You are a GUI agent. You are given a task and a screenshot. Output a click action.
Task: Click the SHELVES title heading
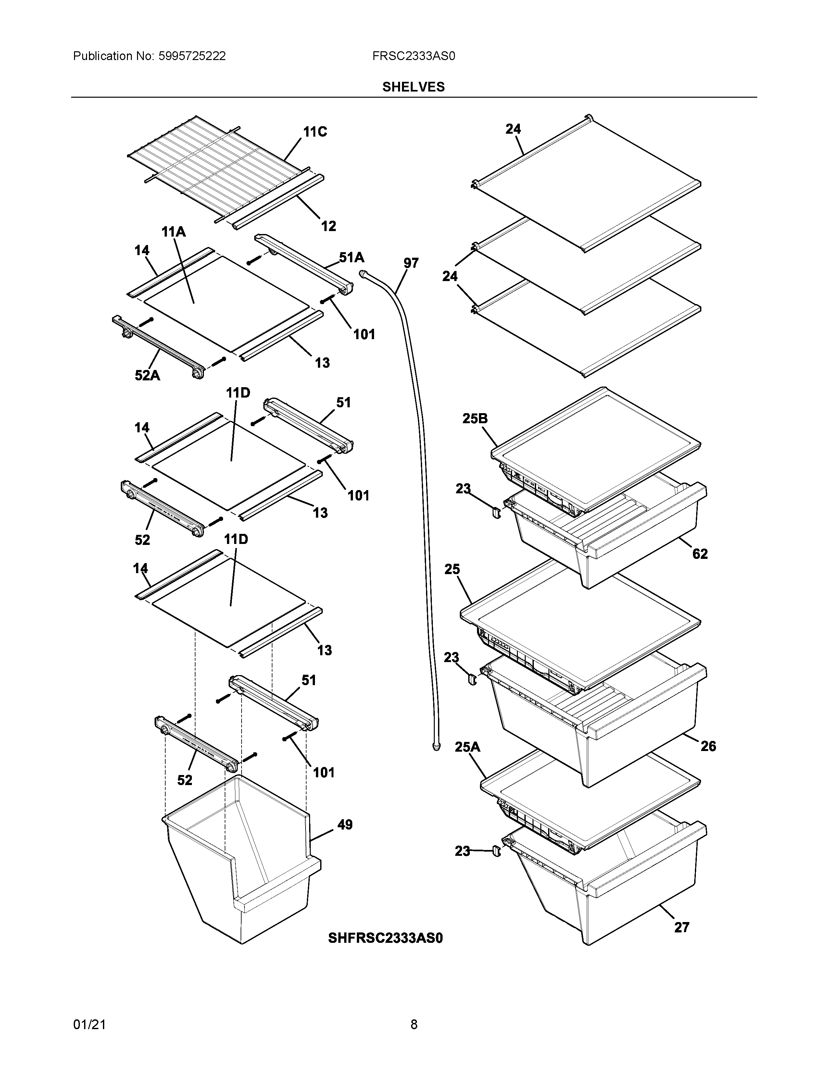(413, 87)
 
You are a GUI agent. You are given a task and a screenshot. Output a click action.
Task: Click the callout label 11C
(315, 132)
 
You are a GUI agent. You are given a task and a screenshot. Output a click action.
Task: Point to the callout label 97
(411, 263)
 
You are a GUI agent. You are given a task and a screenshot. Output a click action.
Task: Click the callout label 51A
(352, 257)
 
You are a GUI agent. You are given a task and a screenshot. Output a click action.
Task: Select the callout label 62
(700, 554)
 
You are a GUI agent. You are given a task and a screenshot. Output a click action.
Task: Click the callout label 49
(345, 824)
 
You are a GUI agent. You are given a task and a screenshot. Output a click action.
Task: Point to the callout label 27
(681, 927)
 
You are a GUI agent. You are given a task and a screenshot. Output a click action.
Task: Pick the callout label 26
(708, 746)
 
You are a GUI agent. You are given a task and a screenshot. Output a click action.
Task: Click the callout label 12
(329, 226)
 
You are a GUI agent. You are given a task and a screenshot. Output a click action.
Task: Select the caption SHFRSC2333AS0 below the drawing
(385, 938)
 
